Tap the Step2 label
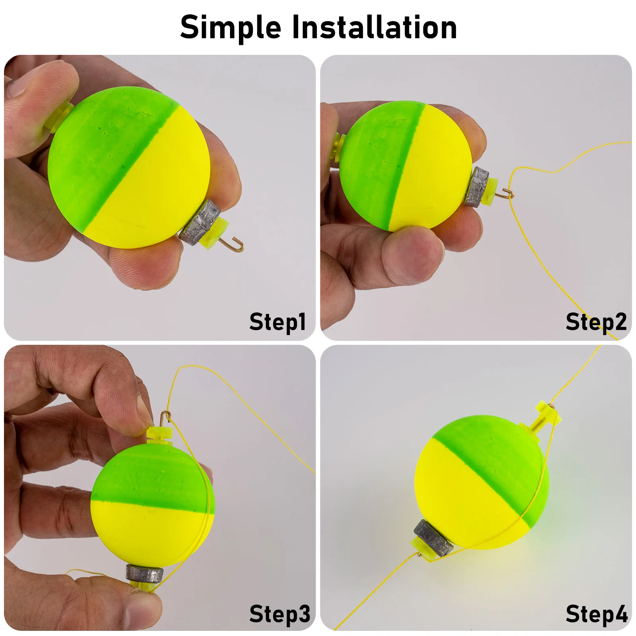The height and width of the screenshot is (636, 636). click(596, 322)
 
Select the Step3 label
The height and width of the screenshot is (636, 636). click(279, 614)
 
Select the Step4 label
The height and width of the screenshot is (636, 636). click(597, 614)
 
